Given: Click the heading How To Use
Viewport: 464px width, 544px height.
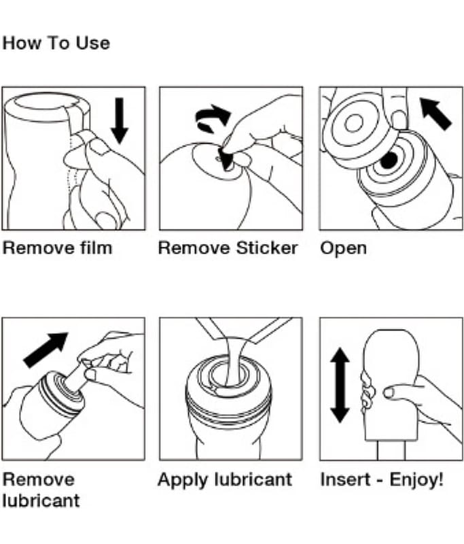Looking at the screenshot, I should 56,44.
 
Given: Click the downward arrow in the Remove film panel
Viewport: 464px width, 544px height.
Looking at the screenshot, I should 120,120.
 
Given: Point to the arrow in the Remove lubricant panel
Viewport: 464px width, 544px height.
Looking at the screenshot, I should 46,350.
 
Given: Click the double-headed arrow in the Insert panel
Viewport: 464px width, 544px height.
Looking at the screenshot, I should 339,384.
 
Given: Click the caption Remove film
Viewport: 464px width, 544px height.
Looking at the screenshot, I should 58,248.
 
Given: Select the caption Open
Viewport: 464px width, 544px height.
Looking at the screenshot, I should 343,248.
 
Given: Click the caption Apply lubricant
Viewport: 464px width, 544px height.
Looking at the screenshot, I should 224,479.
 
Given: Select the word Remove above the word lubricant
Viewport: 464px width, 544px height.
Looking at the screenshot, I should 39,479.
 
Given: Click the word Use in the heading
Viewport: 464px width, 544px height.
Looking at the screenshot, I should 94,44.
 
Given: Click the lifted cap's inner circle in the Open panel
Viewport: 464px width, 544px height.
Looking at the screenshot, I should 353,124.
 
